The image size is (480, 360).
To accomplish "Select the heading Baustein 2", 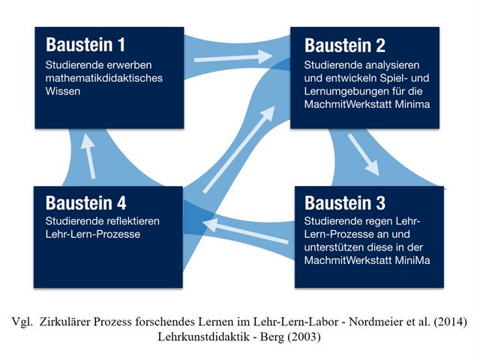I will coord(344,45).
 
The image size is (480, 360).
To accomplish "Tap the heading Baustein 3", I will coord(345,203).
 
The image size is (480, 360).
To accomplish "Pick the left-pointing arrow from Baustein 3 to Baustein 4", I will coord(247,231).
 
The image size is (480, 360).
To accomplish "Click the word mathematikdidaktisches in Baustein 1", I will coord(99,78).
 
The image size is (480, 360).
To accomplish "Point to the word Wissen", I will coord(64,91).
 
